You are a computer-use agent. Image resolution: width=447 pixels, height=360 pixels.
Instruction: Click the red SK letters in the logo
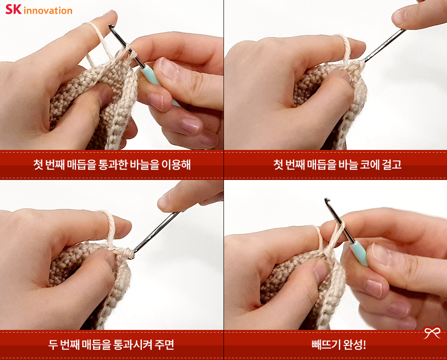click(x=13, y=9)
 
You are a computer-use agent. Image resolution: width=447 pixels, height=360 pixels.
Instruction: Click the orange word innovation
click(x=48, y=10)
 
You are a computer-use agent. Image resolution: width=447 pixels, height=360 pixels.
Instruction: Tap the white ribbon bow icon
click(x=432, y=332)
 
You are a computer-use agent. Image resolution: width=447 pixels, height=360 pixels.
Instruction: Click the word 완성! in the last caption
click(x=354, y=345)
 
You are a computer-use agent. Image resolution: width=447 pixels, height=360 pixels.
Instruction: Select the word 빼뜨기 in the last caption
click(x=326, y=345)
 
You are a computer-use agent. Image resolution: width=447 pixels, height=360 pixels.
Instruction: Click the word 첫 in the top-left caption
click(x=38, y=165)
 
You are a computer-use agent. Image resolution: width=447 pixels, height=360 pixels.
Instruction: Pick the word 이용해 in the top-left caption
click(x=176, y=165)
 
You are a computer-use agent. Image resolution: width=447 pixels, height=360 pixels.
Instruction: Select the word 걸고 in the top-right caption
click(x=392, y=165)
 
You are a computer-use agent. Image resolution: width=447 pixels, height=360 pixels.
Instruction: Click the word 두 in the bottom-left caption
click(x=53, y=345)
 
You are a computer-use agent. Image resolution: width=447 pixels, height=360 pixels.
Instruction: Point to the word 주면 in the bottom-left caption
click(x=164, y=345)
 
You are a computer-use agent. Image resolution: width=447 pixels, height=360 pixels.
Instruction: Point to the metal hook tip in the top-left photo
click(x=111, y=26)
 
